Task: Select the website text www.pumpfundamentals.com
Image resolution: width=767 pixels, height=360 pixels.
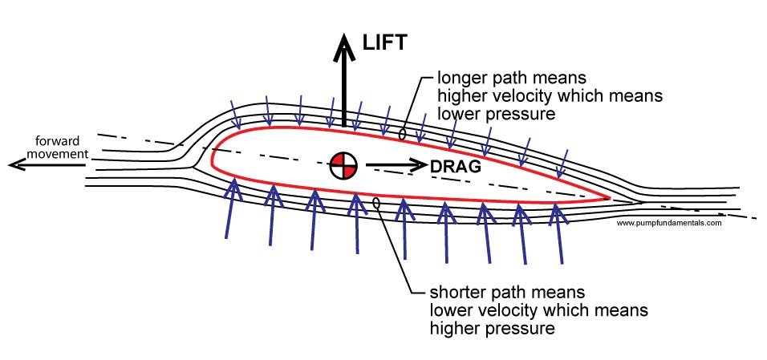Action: click(x=669, y=224)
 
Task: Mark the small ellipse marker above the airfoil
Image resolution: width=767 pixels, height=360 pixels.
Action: click(x=402, y=133)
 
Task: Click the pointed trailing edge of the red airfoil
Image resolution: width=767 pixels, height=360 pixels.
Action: click(x=610, y=196)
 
